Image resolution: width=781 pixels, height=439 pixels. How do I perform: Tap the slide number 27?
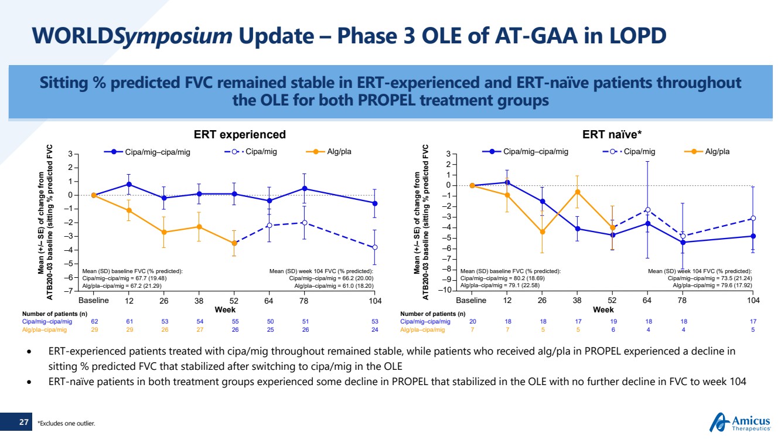23,421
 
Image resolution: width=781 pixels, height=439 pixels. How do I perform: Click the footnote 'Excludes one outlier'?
66,423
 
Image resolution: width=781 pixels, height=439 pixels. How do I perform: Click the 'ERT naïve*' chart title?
613,135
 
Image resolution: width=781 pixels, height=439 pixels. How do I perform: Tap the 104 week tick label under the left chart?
375,301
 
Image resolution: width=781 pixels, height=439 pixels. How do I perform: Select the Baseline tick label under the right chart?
471,301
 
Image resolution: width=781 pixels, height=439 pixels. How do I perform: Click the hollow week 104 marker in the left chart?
375,247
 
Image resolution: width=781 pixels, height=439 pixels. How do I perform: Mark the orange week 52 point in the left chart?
234,243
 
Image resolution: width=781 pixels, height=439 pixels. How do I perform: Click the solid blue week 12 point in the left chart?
129,184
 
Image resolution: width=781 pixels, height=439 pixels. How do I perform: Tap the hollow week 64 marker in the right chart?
647,210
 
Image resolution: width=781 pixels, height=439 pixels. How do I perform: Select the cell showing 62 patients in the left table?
94,321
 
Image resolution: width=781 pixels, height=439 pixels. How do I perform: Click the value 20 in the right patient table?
472,321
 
